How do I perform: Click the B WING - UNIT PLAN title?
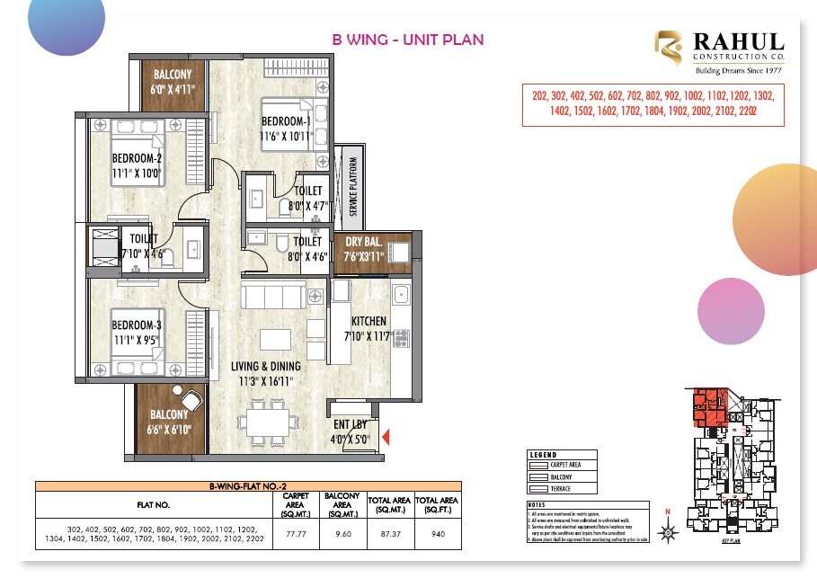[x=408, y=40]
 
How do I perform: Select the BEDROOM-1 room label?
[x=286, y=121]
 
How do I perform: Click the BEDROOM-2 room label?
[x=136, y=158]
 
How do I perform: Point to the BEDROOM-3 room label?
[x=136, y=325]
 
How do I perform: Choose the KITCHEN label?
[x=369, y=321]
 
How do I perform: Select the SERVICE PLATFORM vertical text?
[x=353, y=186]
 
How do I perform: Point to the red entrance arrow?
[x=386, y=438]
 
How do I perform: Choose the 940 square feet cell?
[x=438, y=533]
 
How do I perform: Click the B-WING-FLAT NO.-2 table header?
[x=247, y=485]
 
